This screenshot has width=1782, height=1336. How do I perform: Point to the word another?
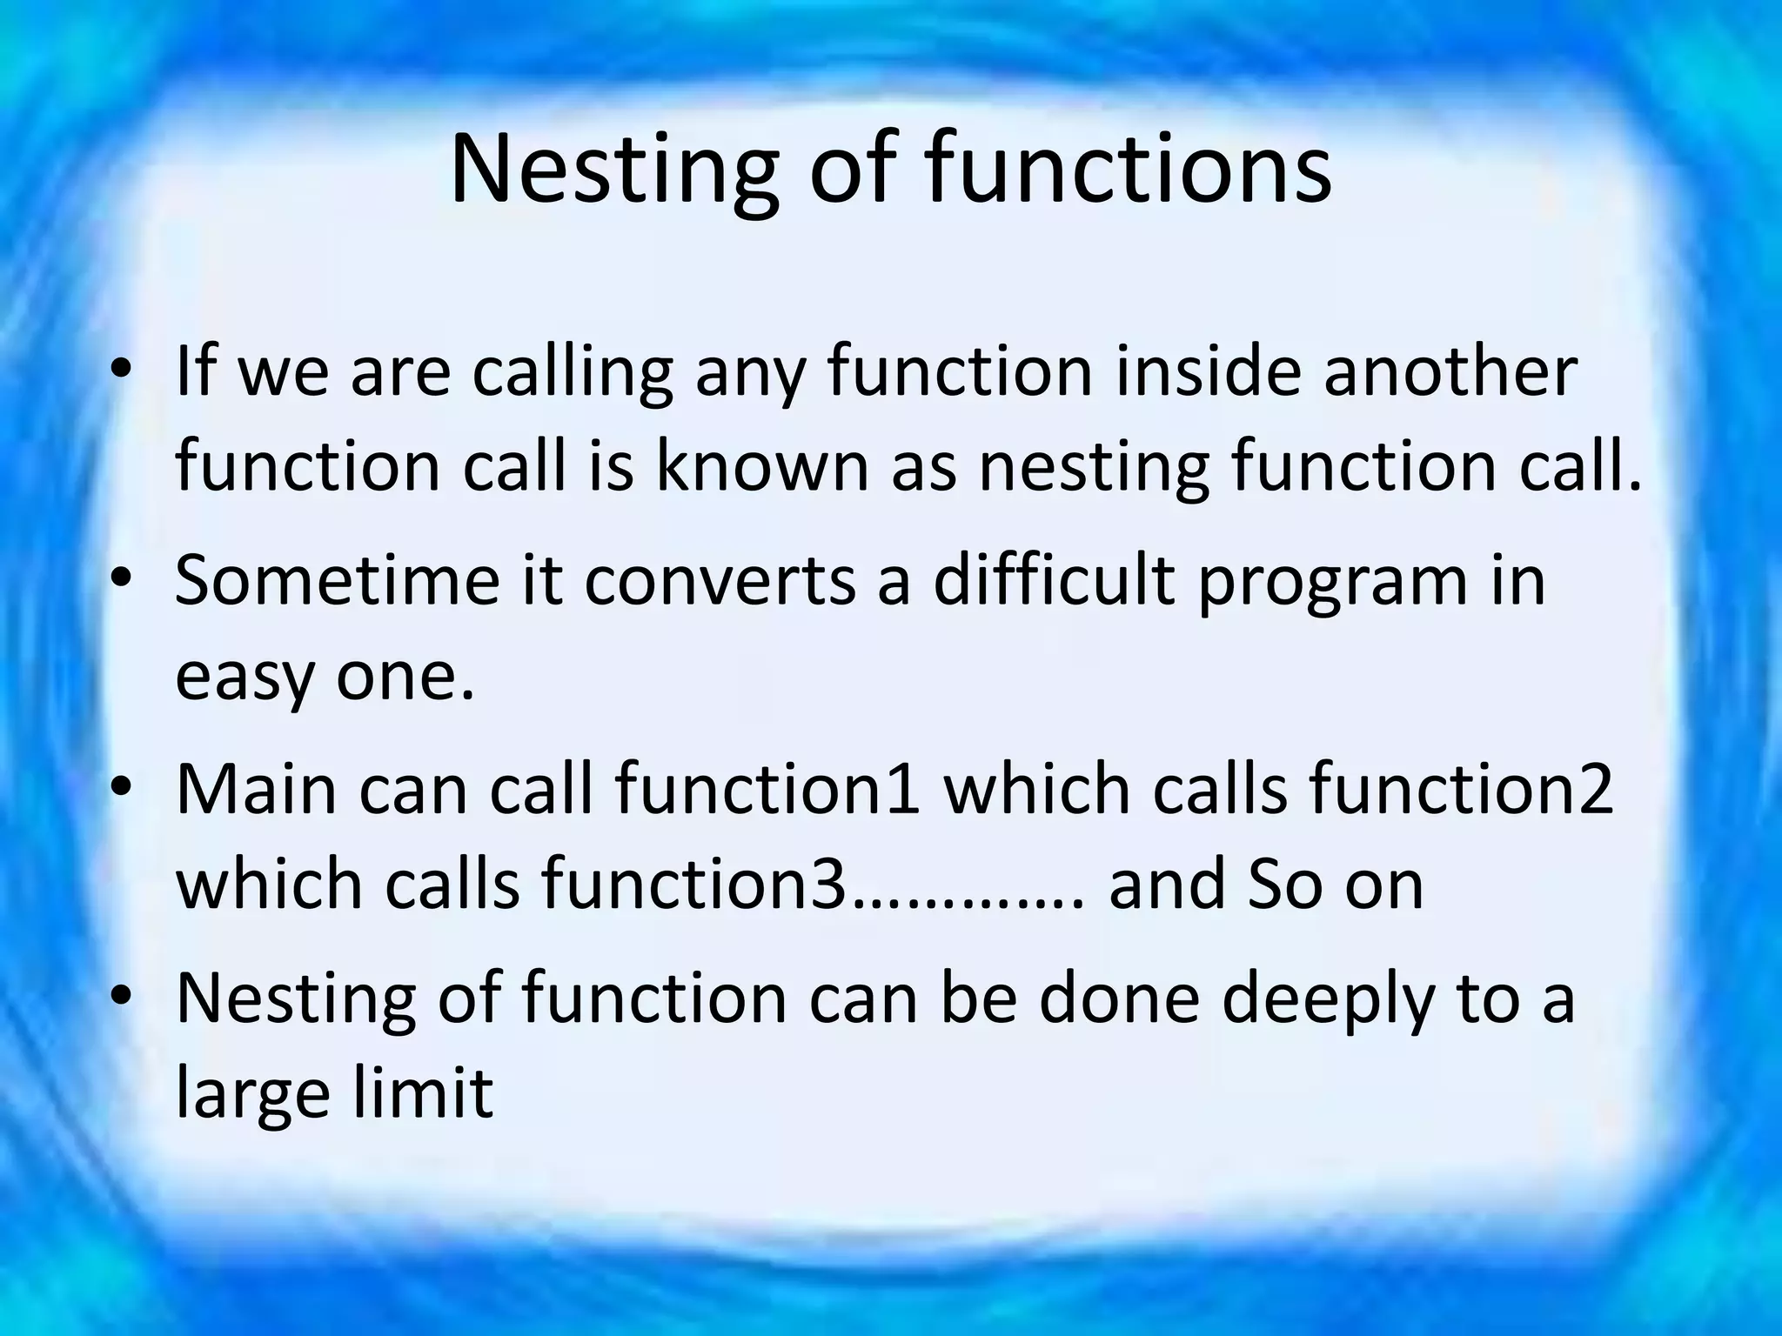point(1450,371)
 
